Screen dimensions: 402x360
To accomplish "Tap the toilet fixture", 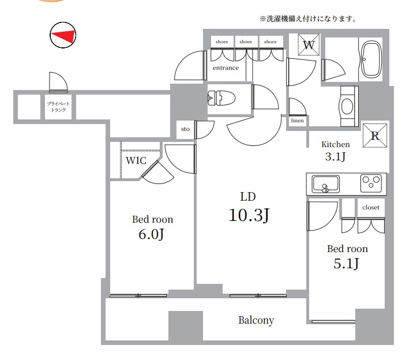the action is tap(221, 98).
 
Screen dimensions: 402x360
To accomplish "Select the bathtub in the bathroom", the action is tap(371, 59).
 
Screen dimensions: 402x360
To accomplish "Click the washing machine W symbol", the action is tap(309, 44).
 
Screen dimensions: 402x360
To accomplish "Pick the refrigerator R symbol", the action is tap(375, 136).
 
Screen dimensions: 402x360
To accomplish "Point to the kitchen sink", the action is tap(326, 184).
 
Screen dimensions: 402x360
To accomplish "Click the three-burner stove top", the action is tap(371, 183).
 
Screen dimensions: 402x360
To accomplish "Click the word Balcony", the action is tap(256, 320).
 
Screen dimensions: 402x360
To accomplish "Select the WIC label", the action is tap(136, 160).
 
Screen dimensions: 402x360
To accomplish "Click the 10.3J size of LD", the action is tap(249, 215).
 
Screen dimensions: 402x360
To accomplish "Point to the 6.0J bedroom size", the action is tap(151, 234).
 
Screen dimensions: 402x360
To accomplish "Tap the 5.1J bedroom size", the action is tap(346, 263).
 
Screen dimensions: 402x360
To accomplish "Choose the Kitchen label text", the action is tap(336, 144).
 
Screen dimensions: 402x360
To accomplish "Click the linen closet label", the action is tap(298, 121).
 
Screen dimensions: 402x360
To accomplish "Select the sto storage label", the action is tap(185, 129).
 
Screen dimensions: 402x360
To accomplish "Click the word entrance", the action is tap(226, 68).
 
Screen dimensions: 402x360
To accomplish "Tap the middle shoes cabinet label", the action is tap(246, 42).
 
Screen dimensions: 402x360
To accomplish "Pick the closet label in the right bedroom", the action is tap(371, 207).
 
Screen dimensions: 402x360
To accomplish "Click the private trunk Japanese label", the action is tap(58, 107).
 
